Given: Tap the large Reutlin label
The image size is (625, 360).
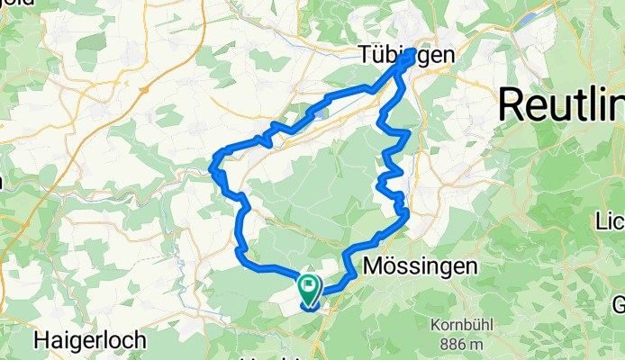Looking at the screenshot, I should (560, 104).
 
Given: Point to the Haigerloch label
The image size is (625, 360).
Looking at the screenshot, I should (78, 340).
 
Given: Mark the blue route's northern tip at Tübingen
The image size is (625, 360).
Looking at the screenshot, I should (411, 55).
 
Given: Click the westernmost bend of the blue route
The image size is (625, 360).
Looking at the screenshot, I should (213, 166).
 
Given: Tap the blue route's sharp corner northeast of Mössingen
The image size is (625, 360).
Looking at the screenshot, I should (407, 212).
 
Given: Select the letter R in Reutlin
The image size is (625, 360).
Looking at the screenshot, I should (511, 104).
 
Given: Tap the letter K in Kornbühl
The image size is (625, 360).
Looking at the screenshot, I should (436, 326).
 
